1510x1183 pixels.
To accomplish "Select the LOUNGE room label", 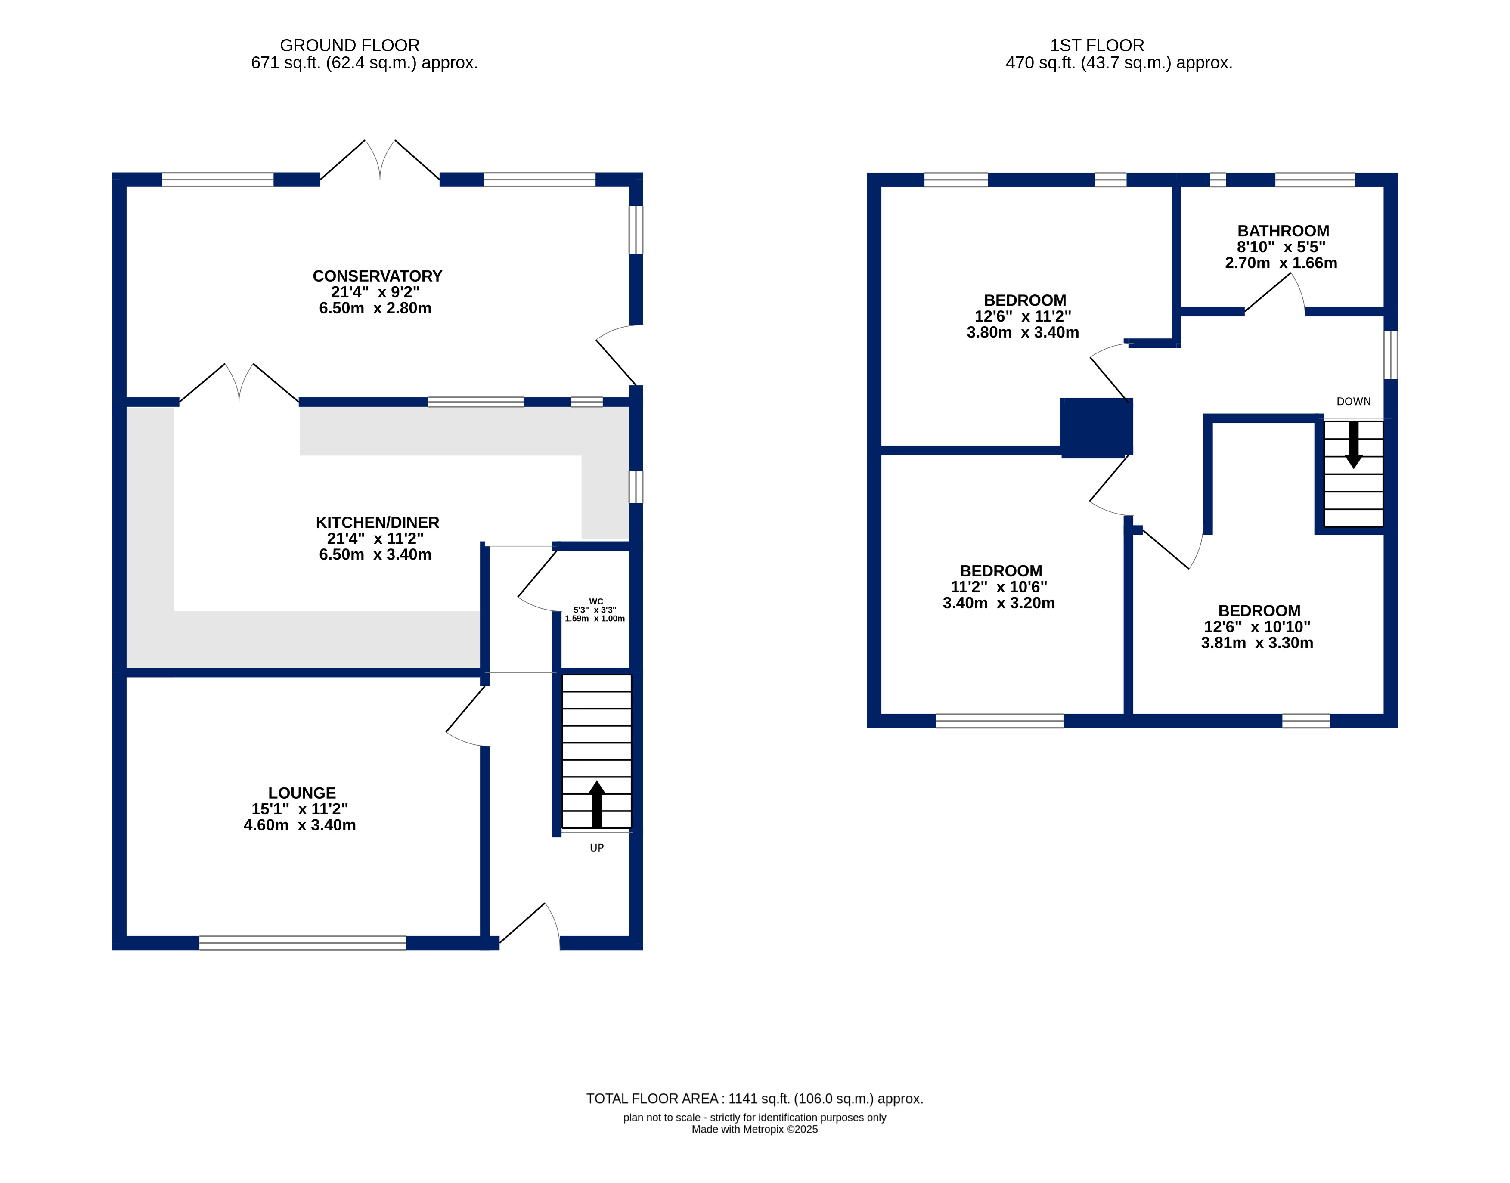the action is pos(302,793).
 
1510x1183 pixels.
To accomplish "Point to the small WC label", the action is pos(595,601).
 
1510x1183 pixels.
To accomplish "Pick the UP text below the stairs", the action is pos(596,848).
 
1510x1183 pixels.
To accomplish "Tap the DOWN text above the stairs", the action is pos(1353,402).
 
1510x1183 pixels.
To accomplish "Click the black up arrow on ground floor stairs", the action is pos(596,805).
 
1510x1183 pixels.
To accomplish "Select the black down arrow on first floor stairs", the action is pos(1353,445).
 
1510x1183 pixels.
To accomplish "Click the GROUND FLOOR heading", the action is pos(350,46).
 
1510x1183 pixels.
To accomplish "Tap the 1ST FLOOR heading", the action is pos(1097,46).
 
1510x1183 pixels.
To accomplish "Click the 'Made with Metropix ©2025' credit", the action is pos(755,1129).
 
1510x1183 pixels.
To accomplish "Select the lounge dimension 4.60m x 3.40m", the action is pos(300,825).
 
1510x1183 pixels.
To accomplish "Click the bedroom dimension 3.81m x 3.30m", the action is pos(1257,643).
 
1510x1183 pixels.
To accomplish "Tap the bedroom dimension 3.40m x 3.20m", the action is pos(999,603).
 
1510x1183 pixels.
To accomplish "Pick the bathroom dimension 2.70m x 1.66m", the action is pos(1281,263).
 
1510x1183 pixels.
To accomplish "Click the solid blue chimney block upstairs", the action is pos(1097,428).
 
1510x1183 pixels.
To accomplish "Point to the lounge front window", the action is pos(303,943).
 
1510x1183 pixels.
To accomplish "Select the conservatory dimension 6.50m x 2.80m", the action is pos(375,308).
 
